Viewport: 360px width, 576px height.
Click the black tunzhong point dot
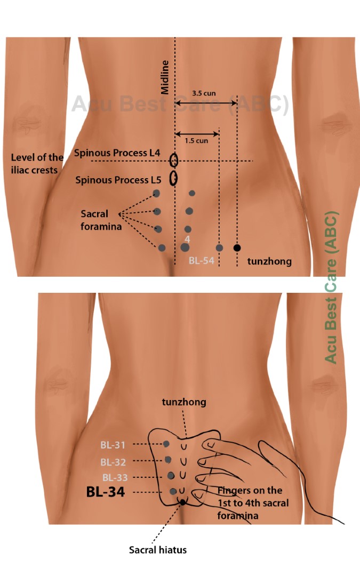(237, 247)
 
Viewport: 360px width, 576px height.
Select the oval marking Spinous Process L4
(174, 160)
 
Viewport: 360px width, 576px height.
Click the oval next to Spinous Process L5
(173, 178)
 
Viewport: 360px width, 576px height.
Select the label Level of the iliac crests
(37, 163)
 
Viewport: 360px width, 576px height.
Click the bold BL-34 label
(106, 492)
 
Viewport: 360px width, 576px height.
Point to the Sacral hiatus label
(158, 550)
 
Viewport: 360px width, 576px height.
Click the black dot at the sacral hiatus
(183, 502)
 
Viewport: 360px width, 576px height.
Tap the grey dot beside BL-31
(166, 444)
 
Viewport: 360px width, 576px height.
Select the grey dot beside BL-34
(173, 491)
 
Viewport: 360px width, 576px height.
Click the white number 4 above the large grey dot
(187, 238)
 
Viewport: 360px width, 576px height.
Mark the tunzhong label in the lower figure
(184, 402)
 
